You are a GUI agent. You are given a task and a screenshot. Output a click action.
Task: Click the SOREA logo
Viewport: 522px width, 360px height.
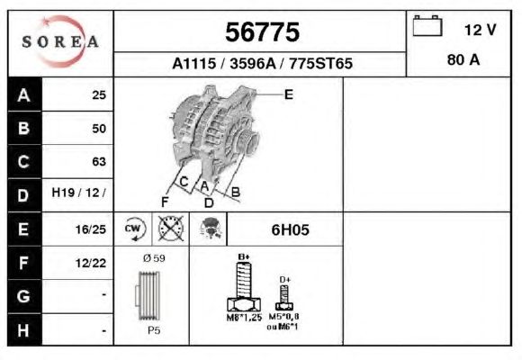(x=60, y=41)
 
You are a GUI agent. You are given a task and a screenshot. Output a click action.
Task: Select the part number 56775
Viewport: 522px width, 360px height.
(x=262, y=32)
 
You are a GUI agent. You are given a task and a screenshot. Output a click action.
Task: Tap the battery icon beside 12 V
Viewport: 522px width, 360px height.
(x=427, y=25)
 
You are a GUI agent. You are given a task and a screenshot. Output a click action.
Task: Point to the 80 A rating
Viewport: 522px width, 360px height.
(x=463, y=60)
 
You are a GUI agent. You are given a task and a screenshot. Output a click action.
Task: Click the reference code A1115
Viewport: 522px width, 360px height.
(x=194, y=63)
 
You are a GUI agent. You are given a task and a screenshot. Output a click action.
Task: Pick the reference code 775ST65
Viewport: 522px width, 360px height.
(x=321, y=63)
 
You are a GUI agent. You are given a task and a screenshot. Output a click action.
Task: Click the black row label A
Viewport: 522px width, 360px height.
(x=24, y=94)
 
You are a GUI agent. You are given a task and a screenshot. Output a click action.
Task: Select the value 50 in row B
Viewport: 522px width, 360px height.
(x=99, y=129)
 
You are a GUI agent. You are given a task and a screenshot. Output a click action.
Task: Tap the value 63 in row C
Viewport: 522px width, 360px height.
(x=99, y=161)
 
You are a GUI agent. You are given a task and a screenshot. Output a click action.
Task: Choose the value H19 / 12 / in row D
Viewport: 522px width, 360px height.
(x=78, y=193)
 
